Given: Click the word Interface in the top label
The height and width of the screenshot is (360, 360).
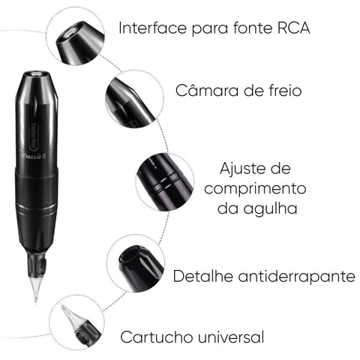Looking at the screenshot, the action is (x=152, y=28).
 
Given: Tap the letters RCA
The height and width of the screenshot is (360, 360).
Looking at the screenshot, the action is (x=294, y=28).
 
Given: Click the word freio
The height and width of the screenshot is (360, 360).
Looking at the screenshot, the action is (x=285, y=90).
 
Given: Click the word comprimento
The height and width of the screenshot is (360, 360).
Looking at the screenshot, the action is (x=255, y=188).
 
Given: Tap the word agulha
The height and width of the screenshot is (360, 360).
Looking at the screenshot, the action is (x=270, y=208).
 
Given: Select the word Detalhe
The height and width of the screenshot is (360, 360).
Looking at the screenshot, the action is (x=203, y=276).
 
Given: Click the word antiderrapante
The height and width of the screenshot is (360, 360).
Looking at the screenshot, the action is (x=296, y=277).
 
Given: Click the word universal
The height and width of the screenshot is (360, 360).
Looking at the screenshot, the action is (x=231, y=337).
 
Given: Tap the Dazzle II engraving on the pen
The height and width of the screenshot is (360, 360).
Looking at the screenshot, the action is (x=34, y=157).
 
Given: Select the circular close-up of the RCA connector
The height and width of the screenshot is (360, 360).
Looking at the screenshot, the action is (x=76, y=37).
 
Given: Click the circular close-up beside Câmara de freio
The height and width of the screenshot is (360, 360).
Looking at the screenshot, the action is (x=134, y=99).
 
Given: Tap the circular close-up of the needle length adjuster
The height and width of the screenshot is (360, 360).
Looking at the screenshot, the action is (x=165, y=181).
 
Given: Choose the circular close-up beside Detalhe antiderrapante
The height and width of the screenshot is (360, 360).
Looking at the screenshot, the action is (x=136, y=262).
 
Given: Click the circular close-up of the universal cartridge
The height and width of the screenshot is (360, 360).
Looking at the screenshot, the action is (x=76, y=322).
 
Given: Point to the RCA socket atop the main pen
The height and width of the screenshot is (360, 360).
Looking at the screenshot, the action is (x=35, y=73).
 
